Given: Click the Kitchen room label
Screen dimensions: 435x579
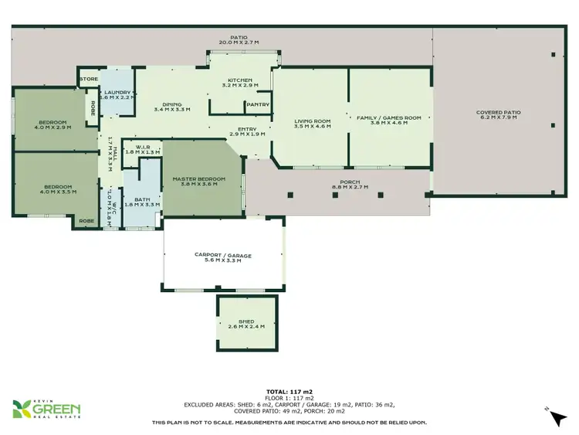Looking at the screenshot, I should pyautogui.click(x=240, y=82).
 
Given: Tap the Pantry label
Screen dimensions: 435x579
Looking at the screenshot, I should pyautogui.click(x=259, y=104).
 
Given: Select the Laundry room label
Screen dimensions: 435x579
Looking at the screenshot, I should pyautogui.click(x=119, y=94).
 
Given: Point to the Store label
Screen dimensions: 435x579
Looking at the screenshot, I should pyautogui.click(x=86, y=78).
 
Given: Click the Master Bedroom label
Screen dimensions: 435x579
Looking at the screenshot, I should pyautogui.click(x=198, y=181).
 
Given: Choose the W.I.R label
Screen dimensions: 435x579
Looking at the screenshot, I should pyautogui.click(x=142, y=149).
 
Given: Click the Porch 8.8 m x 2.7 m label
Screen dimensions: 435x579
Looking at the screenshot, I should pyautogui.click(x=350, y=184).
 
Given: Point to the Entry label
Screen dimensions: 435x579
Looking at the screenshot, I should pyautogui.click(x=247, y=131).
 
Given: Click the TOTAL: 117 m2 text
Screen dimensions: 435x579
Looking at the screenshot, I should pyautogui.click(x=289, y=392).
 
